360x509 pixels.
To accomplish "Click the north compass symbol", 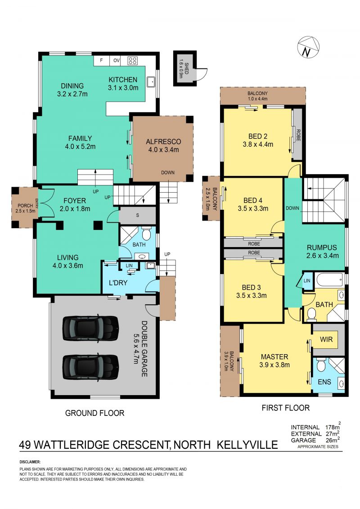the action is click(308, 47).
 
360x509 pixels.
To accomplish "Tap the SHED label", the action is click(187, 68).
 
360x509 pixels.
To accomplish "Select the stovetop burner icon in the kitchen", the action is click(132, 60).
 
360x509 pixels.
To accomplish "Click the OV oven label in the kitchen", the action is click(117, 60).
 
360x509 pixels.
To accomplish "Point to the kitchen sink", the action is click(151, 82).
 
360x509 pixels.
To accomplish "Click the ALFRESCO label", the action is click(163, 141).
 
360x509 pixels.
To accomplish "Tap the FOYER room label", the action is click(75, 201).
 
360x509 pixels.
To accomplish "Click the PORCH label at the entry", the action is click(25, 206).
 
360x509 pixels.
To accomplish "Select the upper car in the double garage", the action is click(90, 328).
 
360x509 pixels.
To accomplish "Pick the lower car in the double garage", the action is click(90, 367).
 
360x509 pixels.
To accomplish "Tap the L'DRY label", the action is click(118, 283).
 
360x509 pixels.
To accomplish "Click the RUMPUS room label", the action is click(322, 248).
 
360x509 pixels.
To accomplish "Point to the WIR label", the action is click(326, 339).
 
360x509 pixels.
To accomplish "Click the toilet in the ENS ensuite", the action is click(321, 365).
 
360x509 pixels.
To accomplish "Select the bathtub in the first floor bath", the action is click(329, 279).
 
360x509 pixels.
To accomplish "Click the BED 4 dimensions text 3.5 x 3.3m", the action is click(253, 208).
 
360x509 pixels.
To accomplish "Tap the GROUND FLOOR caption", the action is click(95, 413).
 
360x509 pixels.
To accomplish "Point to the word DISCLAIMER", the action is click(30, 462).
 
